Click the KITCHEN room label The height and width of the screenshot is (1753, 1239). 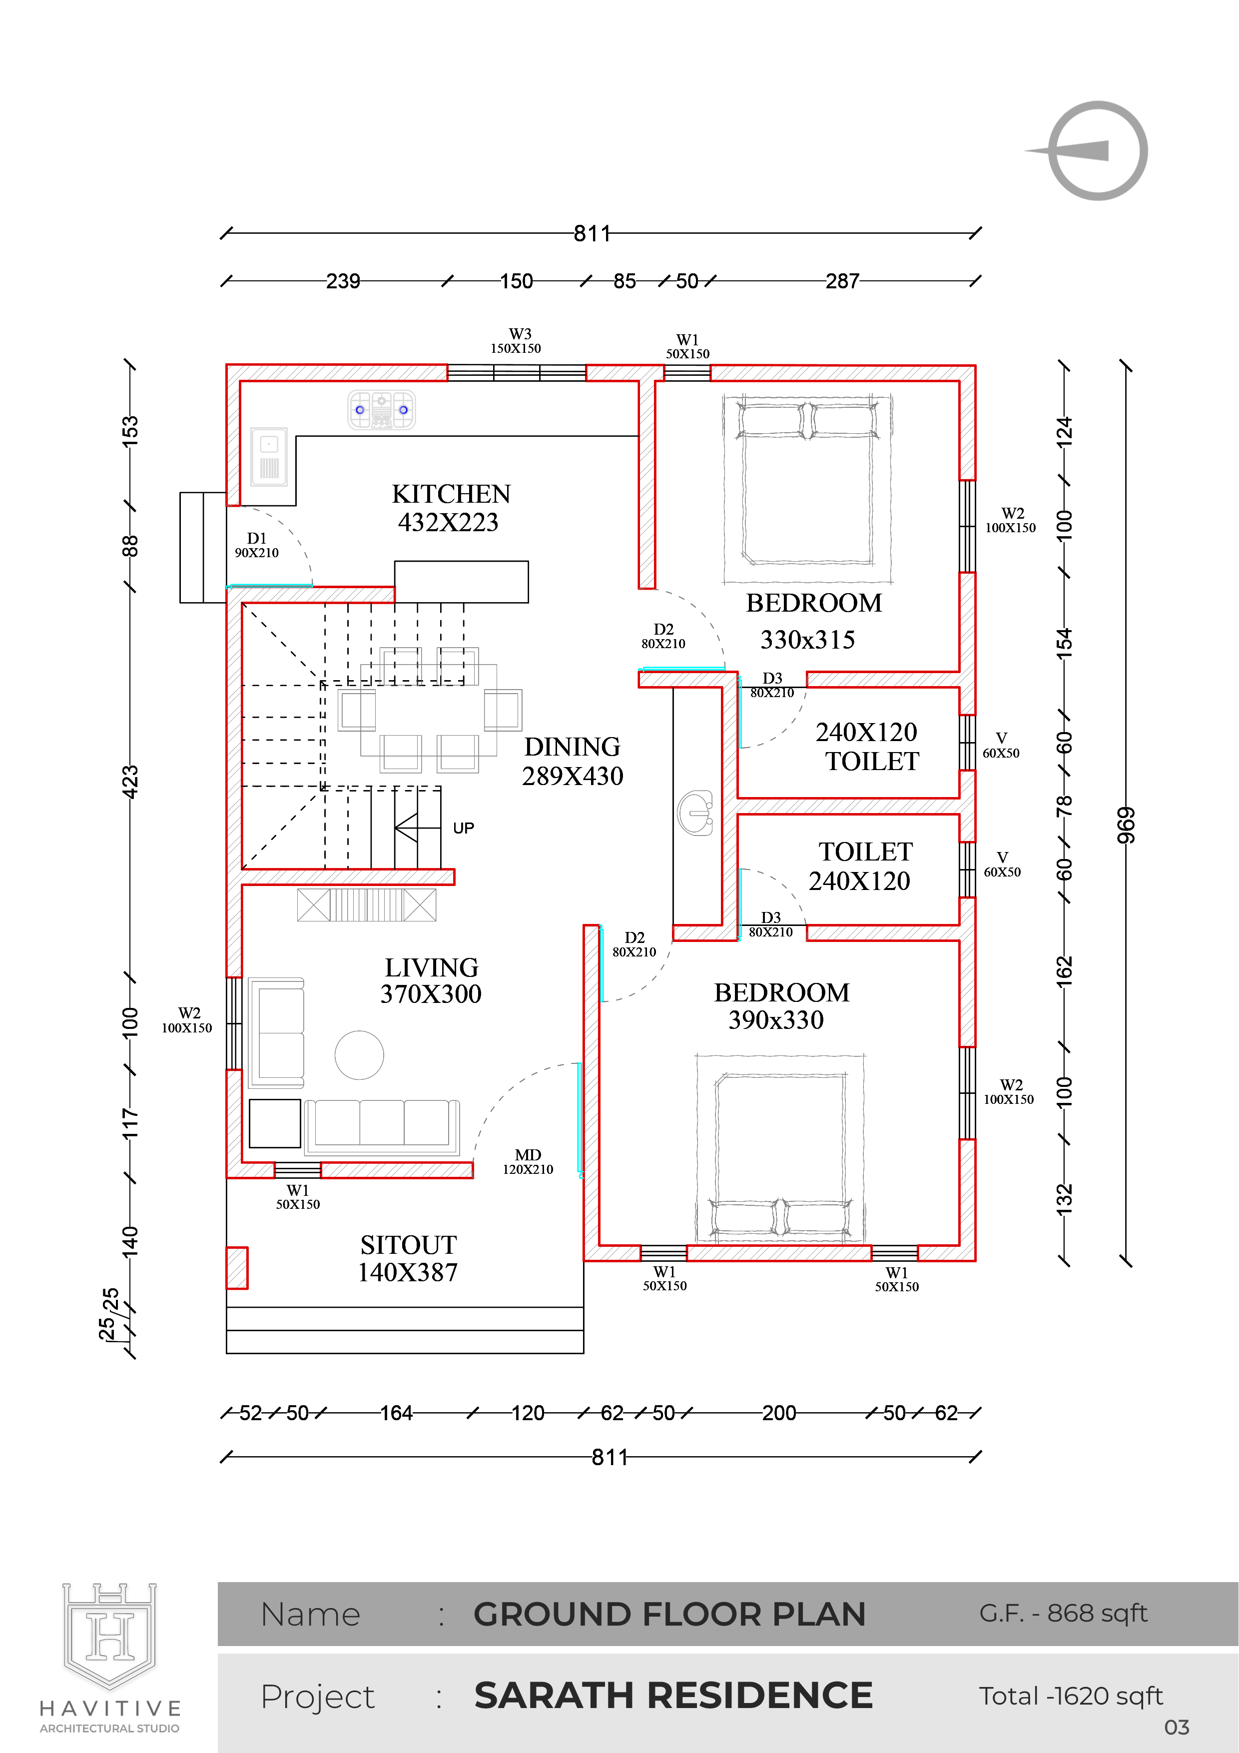451,494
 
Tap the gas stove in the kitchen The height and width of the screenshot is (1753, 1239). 382,409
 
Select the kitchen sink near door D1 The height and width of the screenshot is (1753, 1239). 269,457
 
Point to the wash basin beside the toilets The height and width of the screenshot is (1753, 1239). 695,813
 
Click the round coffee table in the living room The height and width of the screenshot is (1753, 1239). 359,1055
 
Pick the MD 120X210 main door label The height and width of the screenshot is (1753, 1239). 528,1161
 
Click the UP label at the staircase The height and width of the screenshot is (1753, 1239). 464,829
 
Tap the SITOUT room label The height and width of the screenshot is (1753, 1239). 408,1245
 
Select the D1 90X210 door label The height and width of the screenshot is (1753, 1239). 256,545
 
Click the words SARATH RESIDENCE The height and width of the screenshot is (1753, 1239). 673,1695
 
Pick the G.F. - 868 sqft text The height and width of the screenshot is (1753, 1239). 1064,1613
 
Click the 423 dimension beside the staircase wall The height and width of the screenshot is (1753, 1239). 130,782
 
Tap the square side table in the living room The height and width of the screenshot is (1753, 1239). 275,1123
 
